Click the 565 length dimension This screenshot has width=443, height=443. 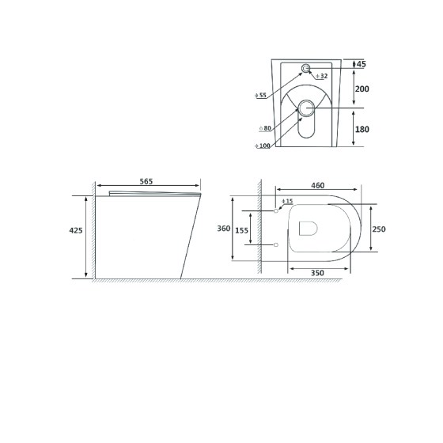tap(146, 181)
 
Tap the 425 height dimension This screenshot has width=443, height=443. tap(76, 230)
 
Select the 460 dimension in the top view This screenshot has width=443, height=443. tap(317, 186)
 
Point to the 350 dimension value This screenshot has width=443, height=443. tap(317, 273)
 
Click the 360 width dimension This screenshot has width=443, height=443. tap(224, 229)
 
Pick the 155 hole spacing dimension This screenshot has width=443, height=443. tap(242, 230)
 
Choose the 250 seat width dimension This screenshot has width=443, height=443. tap(379, 229)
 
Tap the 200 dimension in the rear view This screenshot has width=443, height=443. tap(362, 89)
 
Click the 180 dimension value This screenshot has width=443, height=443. tap(362, 130)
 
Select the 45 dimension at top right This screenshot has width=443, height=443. tap(362, 64)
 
